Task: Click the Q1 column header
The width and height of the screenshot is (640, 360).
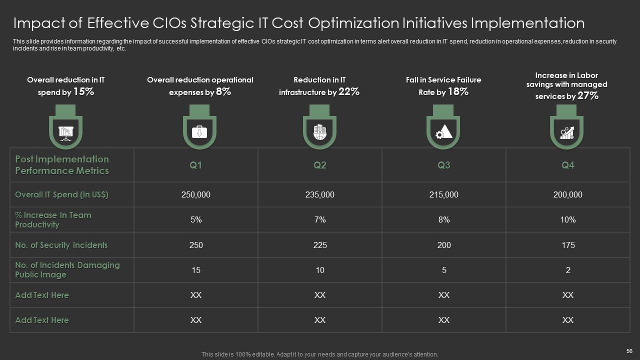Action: click(x=196, y=165)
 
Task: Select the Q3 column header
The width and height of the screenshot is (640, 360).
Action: click(x=444, y=165)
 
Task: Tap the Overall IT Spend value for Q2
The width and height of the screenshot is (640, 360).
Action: click(x=320, y=195)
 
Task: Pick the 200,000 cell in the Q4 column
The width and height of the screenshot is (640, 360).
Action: click(x=568, y=195)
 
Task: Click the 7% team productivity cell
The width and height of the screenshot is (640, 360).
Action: click(x=320, y=220)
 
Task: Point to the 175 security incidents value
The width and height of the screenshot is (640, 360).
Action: click(x=568, y=245)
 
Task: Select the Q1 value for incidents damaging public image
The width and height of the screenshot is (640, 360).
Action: click(x=196, y=270)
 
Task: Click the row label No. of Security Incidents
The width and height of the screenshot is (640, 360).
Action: click(x=61, y=245)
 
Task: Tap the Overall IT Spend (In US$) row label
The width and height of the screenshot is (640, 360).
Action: click(x=61, y=195)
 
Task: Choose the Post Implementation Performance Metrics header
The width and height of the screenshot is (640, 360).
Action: click(x=62, y=165)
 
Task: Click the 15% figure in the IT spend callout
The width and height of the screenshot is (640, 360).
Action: click(x=83, y=91)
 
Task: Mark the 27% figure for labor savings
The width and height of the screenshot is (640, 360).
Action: click(x=588, y=96)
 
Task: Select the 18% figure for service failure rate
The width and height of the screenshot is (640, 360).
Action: click(x=457, y=91)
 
